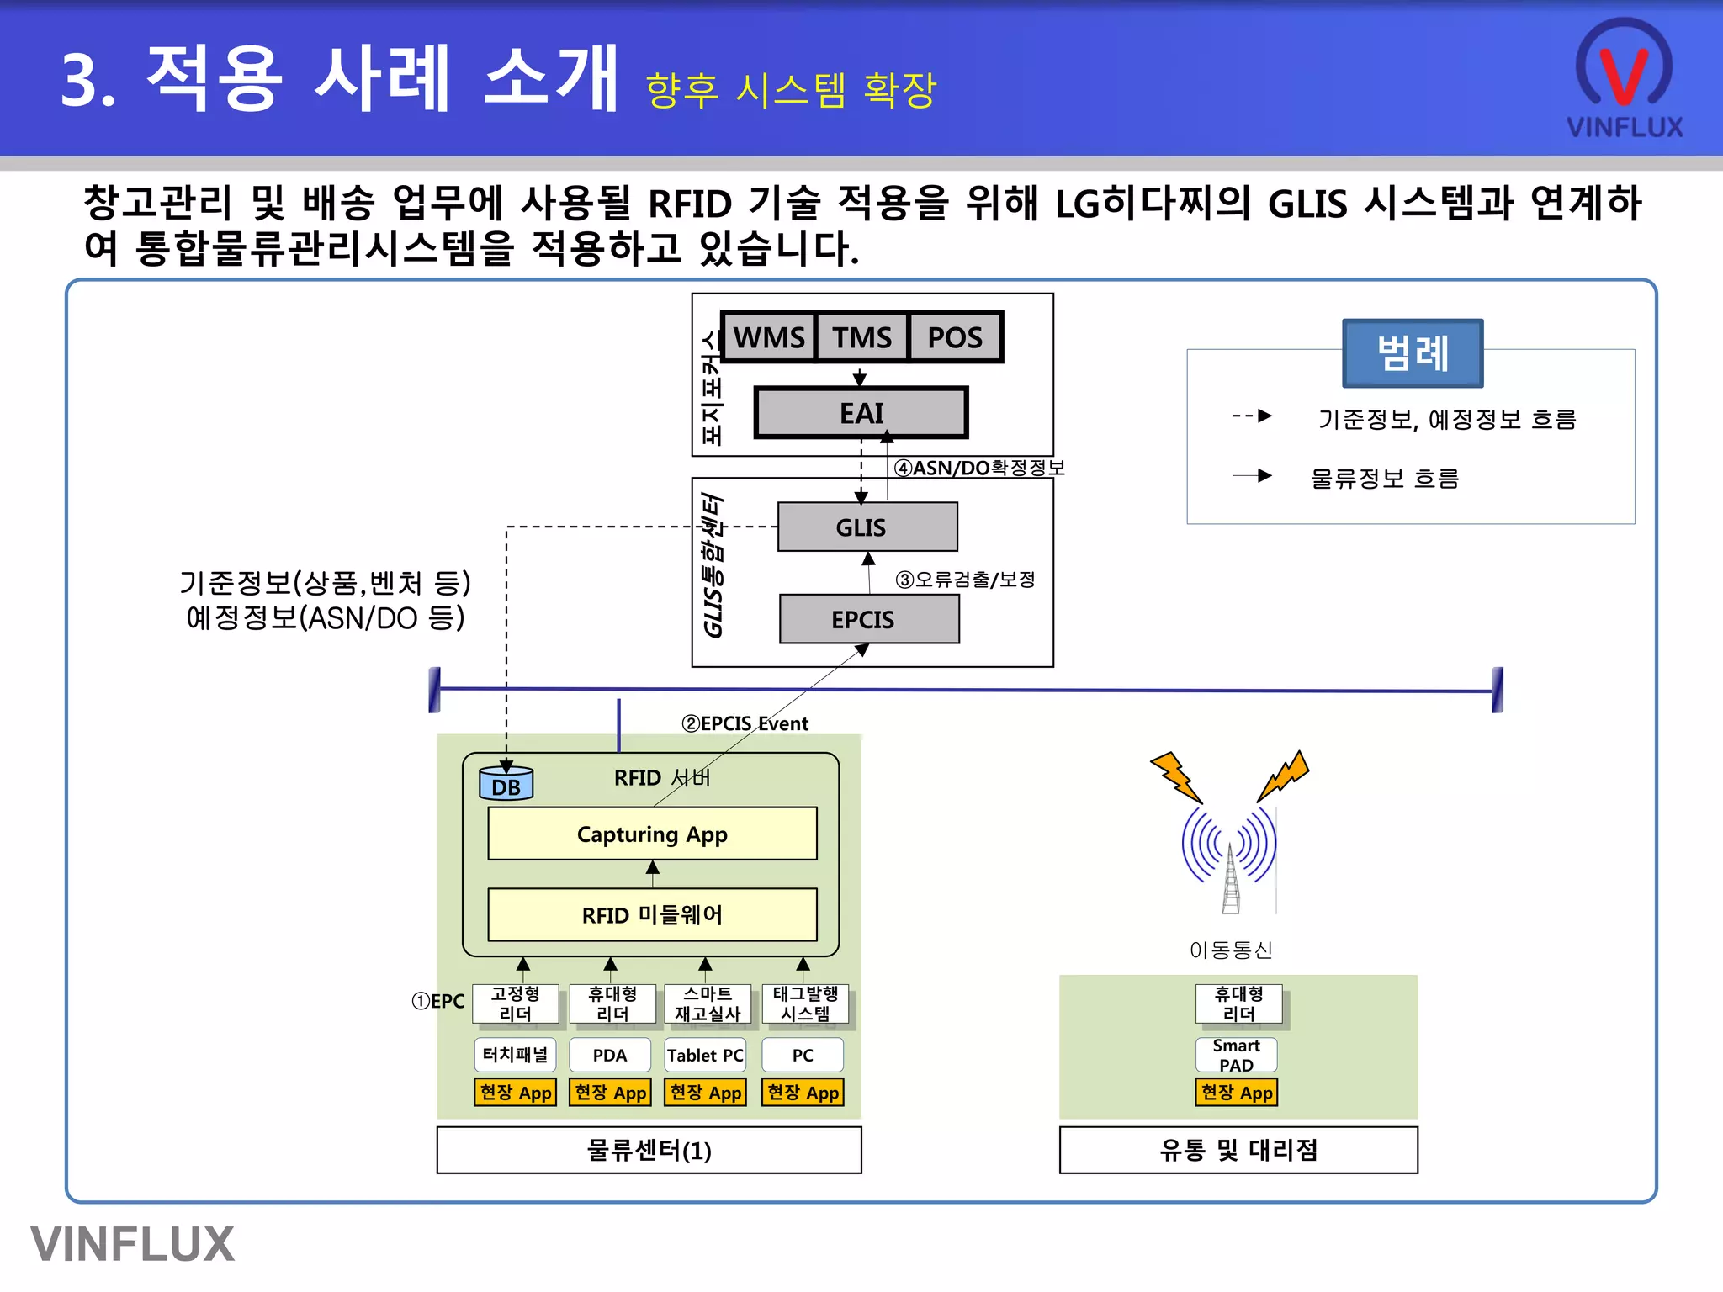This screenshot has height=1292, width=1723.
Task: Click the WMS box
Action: [x=768, y=337]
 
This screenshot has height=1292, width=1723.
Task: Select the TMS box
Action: [x=861, y=337]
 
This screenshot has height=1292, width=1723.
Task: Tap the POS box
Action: [x=955, y=337]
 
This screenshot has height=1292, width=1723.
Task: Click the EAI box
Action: [x=861, y=413]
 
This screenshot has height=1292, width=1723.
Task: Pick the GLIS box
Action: [x=867, y=527]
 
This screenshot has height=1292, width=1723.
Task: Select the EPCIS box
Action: [x=869, y=620]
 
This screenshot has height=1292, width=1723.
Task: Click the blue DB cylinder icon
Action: [x=506, y=784]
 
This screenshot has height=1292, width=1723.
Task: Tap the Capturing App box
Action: [x=652, y=834]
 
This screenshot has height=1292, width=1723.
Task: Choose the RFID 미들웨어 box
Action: [x=652, y=915]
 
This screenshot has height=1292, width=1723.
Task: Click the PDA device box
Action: [x=610, y=1056]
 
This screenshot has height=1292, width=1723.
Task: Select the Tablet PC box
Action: [x=705, y=1056]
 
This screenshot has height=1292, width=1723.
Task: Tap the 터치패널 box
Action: [x=515, y=1055]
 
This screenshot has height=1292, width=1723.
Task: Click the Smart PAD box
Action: [x=1236, y=1055]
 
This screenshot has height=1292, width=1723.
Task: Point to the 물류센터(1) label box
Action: [x=649, y=1150]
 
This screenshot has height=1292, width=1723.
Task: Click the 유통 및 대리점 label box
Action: [x=1238, y=1150]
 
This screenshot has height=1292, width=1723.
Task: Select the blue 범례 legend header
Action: [x=1413, y=353]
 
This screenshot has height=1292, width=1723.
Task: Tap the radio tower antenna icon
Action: [x=1230, y=866]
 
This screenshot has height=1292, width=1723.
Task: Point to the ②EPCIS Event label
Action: [x=745, y=723]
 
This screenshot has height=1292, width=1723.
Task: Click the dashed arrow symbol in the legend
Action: [x=1252, y=416]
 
